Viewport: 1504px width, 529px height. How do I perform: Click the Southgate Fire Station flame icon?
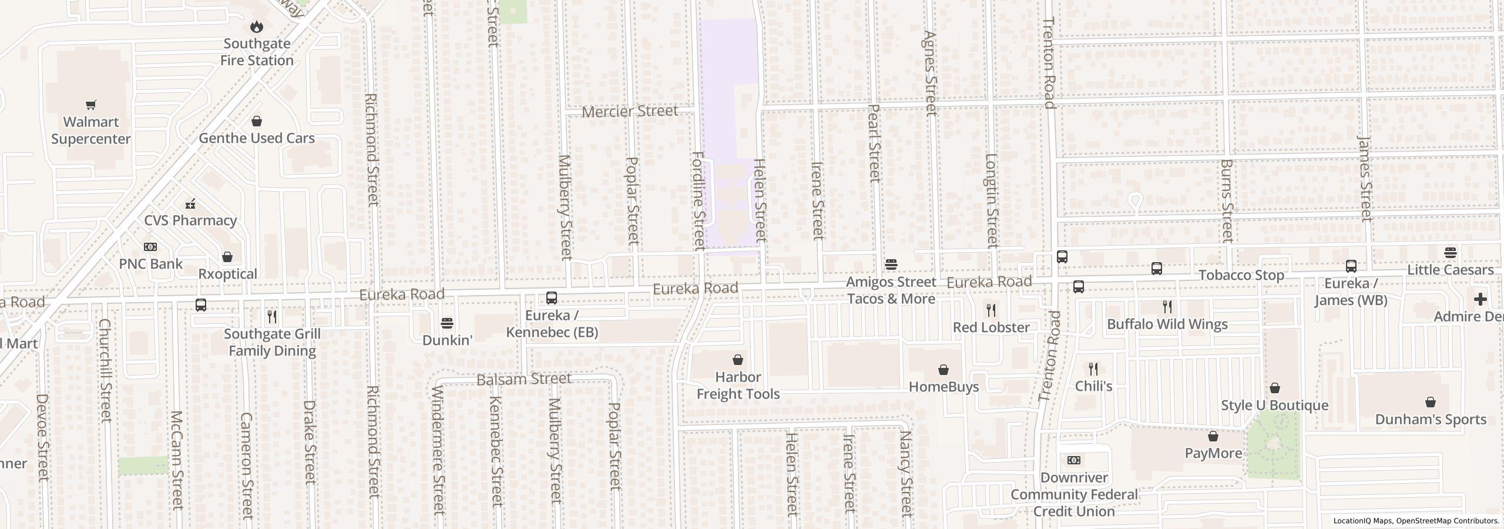pyautogui.click(x=257, y=26)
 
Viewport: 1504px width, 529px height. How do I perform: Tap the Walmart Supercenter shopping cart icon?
pyautogui.click(x=90, y=105)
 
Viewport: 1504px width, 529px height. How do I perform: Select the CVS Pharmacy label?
pyautogui.click(x=190, y=220)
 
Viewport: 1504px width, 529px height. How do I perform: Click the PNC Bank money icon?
pyautogui.click(x=150, y=247)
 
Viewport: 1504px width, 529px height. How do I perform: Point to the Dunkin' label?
pyautogui.click(x=447, y=340)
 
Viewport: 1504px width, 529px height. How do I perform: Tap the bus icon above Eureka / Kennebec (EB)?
pyautogui.click(x=551, y=298)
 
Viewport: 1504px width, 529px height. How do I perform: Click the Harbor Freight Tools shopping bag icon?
pyautogui.click(x=738, y=360)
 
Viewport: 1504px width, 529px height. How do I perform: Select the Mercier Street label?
pyautogui.click(x=630, y=111)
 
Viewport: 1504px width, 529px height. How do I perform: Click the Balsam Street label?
pyautogui.click(x=523, y=379)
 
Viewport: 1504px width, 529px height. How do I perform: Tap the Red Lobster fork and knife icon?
pyautogui.click(x=991, y=309)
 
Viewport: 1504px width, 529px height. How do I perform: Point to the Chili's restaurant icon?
pyautogui.click(x=1093, y=369)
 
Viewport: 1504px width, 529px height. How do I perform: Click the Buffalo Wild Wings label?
pyautogui.click(x=1167, y=324)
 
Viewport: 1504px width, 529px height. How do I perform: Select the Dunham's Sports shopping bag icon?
pyautogui.click(x=1430, y=402)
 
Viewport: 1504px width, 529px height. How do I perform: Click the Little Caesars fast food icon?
pyautogui.click(x=1450, y=253)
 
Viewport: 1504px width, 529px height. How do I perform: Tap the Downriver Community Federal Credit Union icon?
pyautogui.click(x=1073, y=460)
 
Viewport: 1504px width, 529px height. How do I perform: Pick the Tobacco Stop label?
pyautogui.click(x=1241, y=275)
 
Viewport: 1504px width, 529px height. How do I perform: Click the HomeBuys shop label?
pyautogui.click(x=944, y=387)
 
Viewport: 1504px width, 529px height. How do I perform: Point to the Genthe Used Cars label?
pyautogui.click(x=257, y=138)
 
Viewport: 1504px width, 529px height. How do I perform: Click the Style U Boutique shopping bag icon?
pyautogui.click(x=1274, y=388)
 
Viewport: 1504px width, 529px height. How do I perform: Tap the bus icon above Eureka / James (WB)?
pyautogui.click(x=1351, y=266)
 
